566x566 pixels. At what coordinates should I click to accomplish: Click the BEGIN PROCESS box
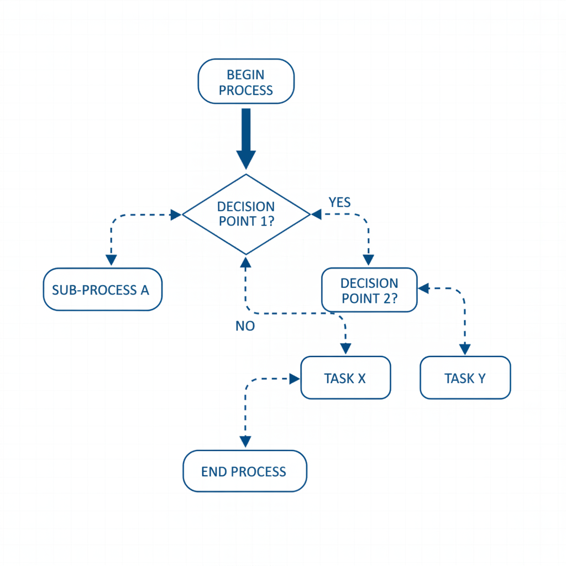[x=246, y=82]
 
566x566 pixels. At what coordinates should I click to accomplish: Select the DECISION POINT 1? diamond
[x=246, y=214]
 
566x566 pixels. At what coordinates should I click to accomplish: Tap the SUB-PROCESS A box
[x=103, y=290]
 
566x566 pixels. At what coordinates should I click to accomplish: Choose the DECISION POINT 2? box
[x=369, y=291]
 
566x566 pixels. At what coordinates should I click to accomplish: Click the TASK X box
[x=345, y=378]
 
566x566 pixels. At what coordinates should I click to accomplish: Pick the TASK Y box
[x=465, y=378]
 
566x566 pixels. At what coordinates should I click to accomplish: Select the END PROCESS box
[x=244, y=471]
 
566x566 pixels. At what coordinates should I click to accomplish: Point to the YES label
[x=339, y=202]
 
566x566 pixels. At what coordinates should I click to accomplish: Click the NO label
[x=245, y=326]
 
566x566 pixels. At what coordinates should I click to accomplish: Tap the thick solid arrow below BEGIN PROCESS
[x=246, y=138]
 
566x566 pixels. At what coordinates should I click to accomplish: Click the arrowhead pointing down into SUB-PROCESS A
[x=111, y=260]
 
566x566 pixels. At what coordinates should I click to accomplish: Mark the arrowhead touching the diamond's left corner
[x=176, y=215]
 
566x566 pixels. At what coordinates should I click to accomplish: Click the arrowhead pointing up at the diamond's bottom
[x=246, y=260]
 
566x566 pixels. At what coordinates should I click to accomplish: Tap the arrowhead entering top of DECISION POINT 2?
[x=368, y=260]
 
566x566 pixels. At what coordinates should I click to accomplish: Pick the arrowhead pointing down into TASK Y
[x=465, y=349]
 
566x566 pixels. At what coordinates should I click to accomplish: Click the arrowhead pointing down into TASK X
[x=345, y=349]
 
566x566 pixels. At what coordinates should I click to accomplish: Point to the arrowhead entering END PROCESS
[x=245, y=442]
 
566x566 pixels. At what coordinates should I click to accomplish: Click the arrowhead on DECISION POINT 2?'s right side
[x=423, y=288]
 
